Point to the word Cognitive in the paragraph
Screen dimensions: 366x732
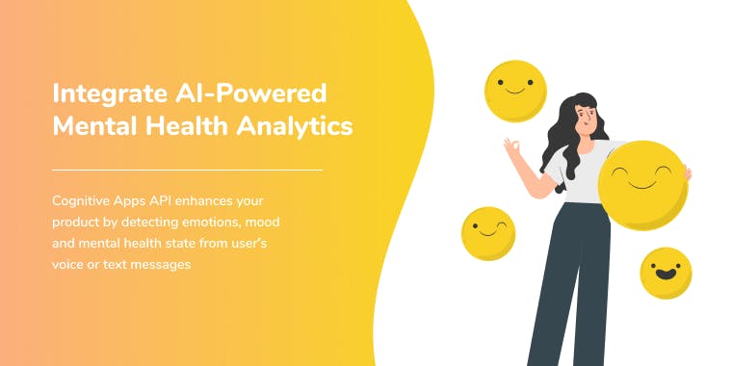click(x=85, y=201)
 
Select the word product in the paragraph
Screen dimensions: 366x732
click(x=76, y=222)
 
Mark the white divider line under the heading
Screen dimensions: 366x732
click(x=187, y=170)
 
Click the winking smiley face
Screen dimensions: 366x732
click(x=488, y=233)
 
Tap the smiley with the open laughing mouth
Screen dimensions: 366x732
click(x=667, y=273)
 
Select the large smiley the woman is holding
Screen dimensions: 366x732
click(x=642, y=185)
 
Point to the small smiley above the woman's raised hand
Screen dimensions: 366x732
click(x=514, y=90)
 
